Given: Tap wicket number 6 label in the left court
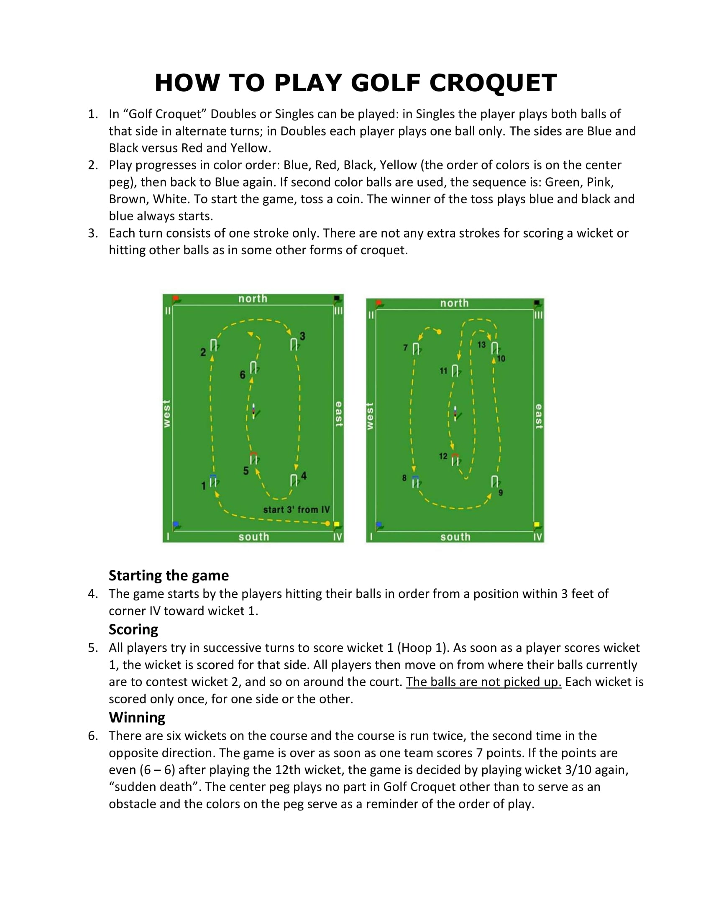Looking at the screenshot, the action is pyautogui.click(x=243, y=375).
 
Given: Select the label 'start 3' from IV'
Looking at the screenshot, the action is pyautogui.click(x=297, y=510).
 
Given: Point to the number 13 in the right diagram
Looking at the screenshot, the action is pyautogui.click(x=481, y=345).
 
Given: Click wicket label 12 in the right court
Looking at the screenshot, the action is pyautogui.click(x=443, y=456).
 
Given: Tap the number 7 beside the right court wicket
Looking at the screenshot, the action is pyautogui.click(x=405, y=348).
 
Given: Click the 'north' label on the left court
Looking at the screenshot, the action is pyautogui.click(x=253, y=299).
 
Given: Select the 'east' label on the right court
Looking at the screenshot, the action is pyautogui.click(x=538, y=416).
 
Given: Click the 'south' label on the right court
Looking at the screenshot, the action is pyautogui.click(x=455, y=537).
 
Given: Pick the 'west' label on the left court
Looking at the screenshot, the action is pyautogui.click(x=167, y=414).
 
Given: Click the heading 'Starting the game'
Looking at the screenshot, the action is pyautogui.click(x=169, y=575).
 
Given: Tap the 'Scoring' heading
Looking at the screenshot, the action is pyautogui.click(x=133, y=629).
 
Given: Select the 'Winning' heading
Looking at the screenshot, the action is pyautogui.click(x=137, y=717).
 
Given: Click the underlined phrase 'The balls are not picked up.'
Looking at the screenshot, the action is pyautogui.click(x=483, y=682).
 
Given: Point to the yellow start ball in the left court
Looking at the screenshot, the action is pyautogui.click(x=328, y=524).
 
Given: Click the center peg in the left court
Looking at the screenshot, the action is pyautogui.click(x=253, y=411).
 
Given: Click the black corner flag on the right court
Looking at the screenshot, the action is pyautogui.click(x=537, y=303).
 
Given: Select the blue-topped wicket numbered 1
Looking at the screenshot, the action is pyautogui.click(x=214, y=481).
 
